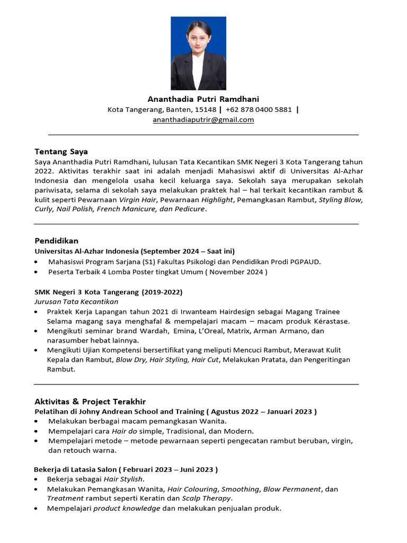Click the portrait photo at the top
(x=198, y=54)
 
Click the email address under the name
(x=203, y=120)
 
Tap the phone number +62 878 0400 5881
(x=259, y=110)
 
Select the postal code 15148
(x=206, y=110)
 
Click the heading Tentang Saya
(x=61, y=152)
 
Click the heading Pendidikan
(x=56, y=241)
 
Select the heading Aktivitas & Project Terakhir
(x=90, y=401)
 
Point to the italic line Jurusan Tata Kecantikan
(x=76, y=302)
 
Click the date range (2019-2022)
(x=162, y=292)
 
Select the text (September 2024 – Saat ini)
(x=188, y=251)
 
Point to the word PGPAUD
(x=304, y=261)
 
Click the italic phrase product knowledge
(x=127, y=509)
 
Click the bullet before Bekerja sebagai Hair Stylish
(x=36, y=479)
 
